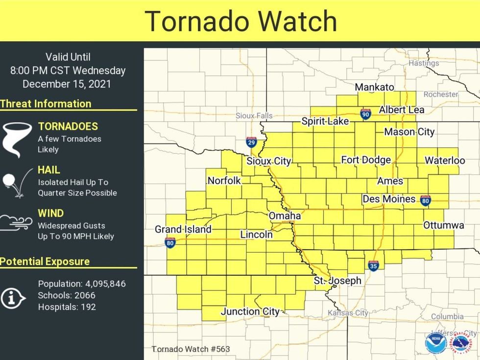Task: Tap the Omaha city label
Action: coord(285,216)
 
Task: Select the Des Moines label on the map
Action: coord(389,199)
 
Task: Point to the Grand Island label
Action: coord(183,229)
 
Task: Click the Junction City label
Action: coord(250,312)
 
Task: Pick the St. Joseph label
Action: coord(337,281)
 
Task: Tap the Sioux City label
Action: coord(268,161)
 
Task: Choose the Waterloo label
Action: coord(445,160)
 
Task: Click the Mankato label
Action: coord(374,87)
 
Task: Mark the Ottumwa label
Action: coord(443,225)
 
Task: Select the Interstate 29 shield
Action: coord(251,143)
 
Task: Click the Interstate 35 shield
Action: coord(374,265)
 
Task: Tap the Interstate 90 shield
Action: coord(365,114)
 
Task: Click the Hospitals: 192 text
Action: coord(67,307)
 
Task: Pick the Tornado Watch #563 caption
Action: coord(191,349)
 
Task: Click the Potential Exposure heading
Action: coord(45,262)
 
